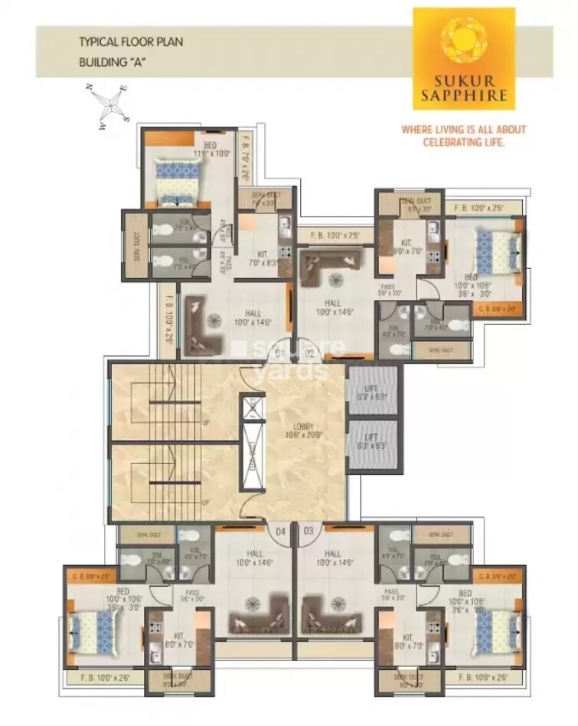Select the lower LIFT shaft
tap(372, 444)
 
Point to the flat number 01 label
tap(280, 353)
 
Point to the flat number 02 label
tap(309, 353)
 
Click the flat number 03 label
tap(309, 530)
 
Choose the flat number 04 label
tap(280, 530)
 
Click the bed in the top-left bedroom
tap(176, 179)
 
